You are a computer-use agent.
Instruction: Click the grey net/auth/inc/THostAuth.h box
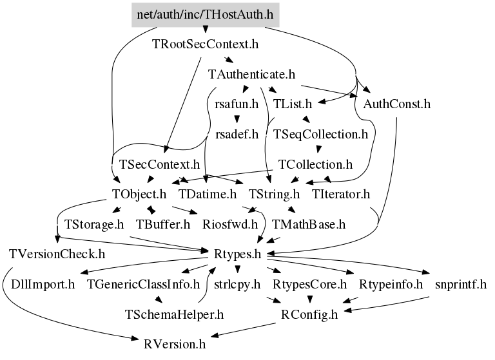tap(206, 14)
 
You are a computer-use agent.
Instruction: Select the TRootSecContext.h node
tap(205, 45)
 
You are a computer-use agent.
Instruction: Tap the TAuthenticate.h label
tap(252, 74)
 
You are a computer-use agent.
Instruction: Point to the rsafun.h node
tap(237, 104)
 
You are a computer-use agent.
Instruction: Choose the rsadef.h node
tap(237, 135)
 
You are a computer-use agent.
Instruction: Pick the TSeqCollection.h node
tap(320, 135)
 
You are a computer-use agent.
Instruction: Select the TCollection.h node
tap(315, 164)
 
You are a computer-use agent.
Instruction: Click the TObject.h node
tap(139, 194)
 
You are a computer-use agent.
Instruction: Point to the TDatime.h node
tap(208, 194)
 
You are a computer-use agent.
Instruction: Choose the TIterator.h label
tap(340, 194)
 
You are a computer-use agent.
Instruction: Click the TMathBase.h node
tap(309, 225)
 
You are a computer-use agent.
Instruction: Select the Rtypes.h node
tap(237, 254)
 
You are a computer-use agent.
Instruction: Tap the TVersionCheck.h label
tap(57, 254)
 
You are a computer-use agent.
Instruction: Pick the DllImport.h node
tap(43, 284)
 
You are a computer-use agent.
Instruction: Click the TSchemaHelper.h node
tap(174, 315)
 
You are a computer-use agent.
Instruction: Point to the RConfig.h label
tap(309, 315)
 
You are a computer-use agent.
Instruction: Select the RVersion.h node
tap(175, 345)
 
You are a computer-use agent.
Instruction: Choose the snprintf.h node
tap(460, 284)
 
